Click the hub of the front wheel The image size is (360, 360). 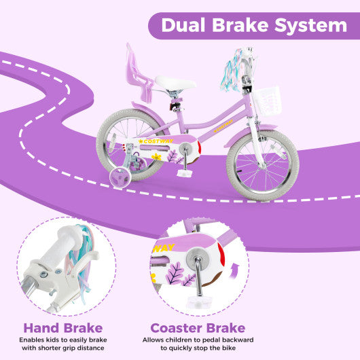tap(263, 164)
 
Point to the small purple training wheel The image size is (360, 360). tap(120, 176)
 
